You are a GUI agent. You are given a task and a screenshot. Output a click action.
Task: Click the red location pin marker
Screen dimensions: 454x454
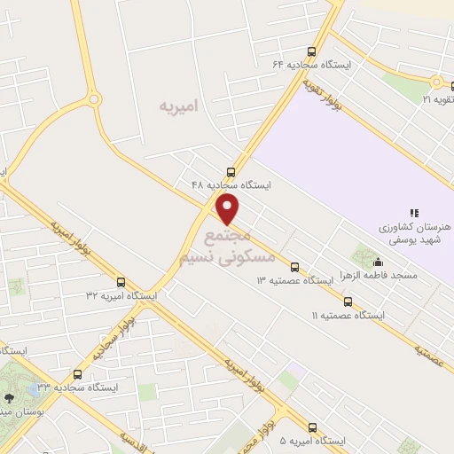click(229, 210)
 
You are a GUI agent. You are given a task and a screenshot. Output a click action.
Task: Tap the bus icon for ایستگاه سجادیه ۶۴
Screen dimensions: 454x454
click(310, 51)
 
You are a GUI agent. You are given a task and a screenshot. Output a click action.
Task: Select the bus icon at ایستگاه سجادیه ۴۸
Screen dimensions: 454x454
click(231, 171)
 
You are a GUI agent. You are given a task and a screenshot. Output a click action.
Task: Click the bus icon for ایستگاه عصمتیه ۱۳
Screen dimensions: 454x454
click(294, 266)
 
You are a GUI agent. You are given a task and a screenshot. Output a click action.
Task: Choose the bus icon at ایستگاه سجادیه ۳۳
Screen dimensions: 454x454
click(77, 374)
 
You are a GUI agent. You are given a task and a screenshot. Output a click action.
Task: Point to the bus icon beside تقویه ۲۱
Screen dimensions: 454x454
click(435, 82)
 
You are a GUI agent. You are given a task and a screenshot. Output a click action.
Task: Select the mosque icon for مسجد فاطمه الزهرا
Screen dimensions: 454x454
click(379, 262)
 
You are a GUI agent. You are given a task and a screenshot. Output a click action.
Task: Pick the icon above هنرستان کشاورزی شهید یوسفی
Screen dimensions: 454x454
click(413, 212)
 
